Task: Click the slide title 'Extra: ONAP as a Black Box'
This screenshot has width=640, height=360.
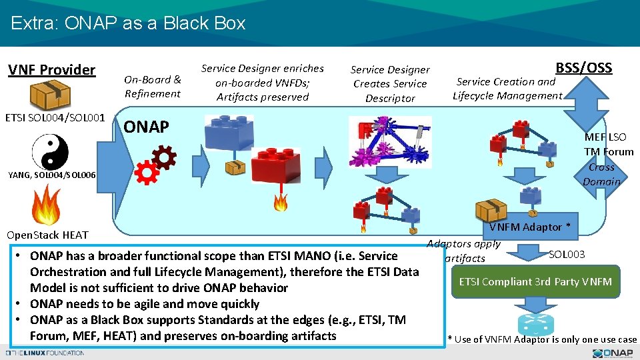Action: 128,23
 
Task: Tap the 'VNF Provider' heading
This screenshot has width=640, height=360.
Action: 51,69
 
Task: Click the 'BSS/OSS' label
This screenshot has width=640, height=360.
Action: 583,67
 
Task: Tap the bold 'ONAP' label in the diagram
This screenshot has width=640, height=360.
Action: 147,127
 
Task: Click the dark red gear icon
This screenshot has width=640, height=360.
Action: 163,157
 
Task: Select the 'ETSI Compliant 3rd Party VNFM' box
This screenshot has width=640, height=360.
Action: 535,281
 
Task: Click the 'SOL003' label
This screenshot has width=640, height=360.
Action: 567,254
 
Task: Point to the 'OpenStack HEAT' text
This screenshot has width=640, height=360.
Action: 47,235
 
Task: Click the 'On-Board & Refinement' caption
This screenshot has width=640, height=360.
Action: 153,87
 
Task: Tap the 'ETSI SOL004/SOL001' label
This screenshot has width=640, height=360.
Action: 55,119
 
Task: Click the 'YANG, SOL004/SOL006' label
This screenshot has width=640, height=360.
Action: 52,175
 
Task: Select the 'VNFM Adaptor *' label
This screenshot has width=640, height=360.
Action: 529,227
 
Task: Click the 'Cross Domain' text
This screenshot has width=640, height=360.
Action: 601,174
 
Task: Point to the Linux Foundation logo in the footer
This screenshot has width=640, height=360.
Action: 44,353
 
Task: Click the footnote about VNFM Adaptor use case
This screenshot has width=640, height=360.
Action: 542,339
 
